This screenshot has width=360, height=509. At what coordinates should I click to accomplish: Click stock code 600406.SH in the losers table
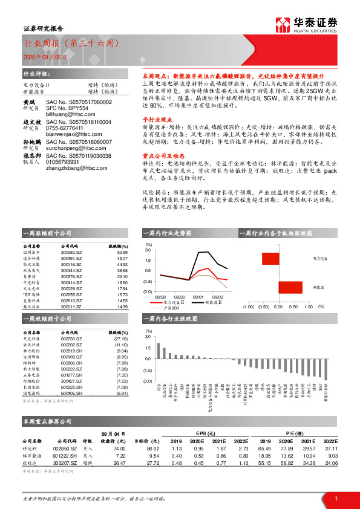pyautogui.click(x=71, y=394)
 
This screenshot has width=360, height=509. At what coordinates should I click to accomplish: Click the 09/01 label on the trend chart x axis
pyautogui.click(x=198, y=297)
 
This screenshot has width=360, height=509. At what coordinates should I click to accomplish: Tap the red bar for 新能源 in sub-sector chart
pyautogui.click(x=290, y=288)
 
